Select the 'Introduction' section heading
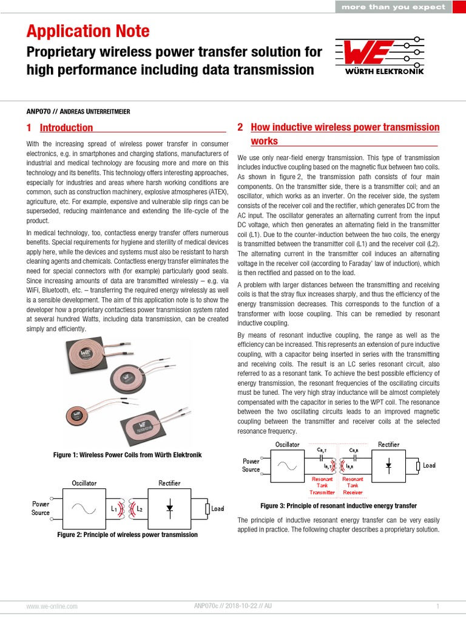pos(66,128)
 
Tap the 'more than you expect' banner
pos(393,7)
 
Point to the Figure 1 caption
pos(127,455)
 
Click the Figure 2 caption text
pos(127,535)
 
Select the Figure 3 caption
pos(338,505)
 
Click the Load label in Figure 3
pos(429,465)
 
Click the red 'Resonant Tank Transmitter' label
pos(323,485)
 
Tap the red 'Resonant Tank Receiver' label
pos(353,485)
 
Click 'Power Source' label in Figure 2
pos(41,508)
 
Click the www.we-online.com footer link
pos(52,606)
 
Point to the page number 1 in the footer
pos(437,606)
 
